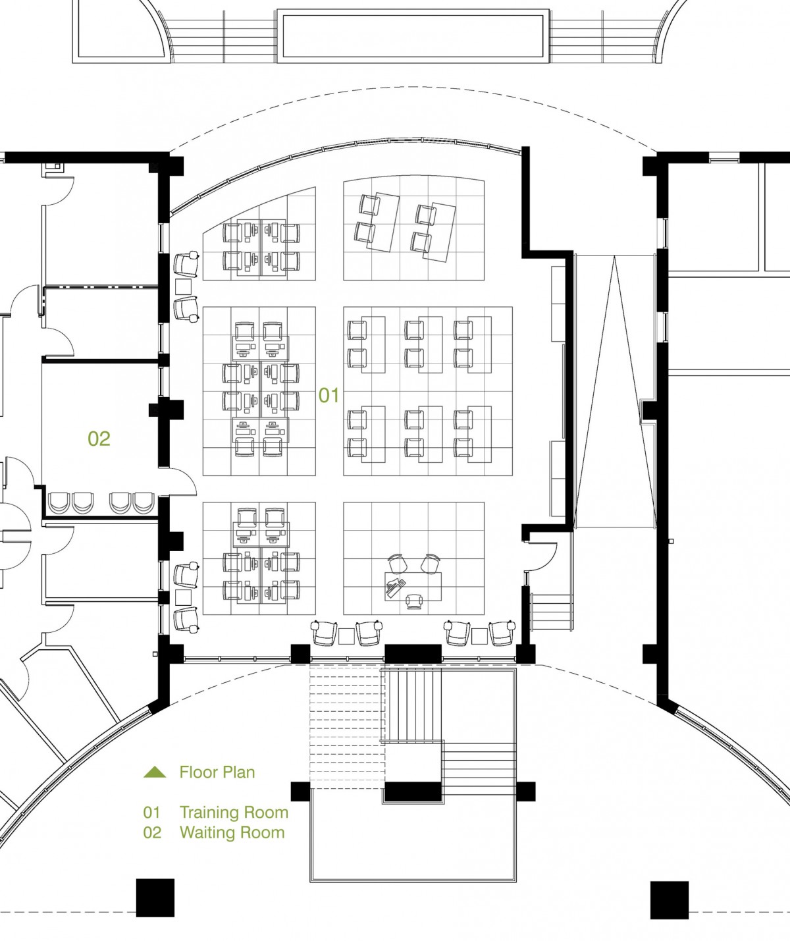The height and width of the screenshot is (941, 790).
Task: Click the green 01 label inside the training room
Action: (329, 395)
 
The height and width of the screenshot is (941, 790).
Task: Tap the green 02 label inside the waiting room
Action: (99, 439)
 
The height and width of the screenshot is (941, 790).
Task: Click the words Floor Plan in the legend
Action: (217, 772)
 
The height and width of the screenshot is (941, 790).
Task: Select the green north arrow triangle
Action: (155, 772)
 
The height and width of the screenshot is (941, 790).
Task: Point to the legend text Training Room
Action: (234, 812)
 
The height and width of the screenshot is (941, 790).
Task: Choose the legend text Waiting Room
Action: (232, 832)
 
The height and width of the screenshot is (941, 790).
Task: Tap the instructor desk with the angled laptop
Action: (413, 587)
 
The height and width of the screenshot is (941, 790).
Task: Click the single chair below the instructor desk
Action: (414, 602)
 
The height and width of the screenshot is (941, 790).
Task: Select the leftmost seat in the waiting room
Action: (58, 503)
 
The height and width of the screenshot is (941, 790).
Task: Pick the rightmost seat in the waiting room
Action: (144, 503)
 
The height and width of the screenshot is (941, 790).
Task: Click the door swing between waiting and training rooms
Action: (182, 481)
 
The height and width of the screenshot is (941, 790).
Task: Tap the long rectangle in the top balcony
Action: (413, 36)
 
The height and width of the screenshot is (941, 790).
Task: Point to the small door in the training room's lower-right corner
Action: (543, 557)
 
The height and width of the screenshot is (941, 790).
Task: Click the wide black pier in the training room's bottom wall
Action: (413, 654)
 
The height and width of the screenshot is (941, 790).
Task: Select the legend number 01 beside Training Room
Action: (152, 812)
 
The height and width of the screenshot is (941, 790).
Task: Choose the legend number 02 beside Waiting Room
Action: (152, 832)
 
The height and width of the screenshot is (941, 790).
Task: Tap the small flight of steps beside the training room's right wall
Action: (552, 613)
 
